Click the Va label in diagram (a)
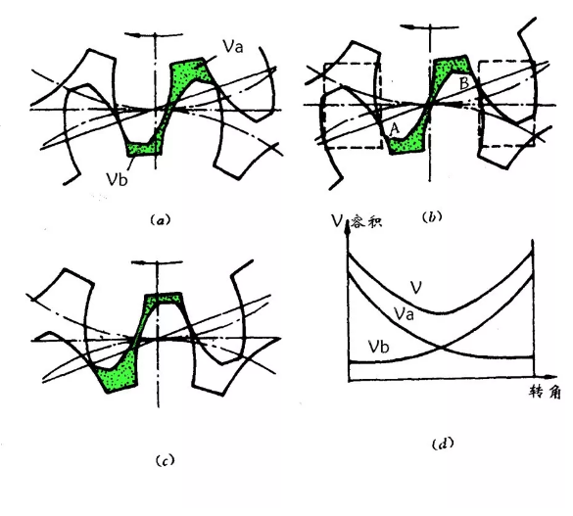point(233,46)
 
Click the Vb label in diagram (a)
point(117,179)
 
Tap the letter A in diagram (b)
point(395,129)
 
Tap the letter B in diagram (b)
point(464,83)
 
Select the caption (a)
point(161,220)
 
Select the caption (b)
point(432,217)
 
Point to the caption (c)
point(165,460)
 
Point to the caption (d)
point(443,444)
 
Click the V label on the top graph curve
point(416,288)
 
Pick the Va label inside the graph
point(404,313)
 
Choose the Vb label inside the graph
point(379,346)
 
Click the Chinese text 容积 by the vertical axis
point(366,221)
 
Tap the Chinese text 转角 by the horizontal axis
point(545,393)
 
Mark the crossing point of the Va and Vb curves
point(442,347)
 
